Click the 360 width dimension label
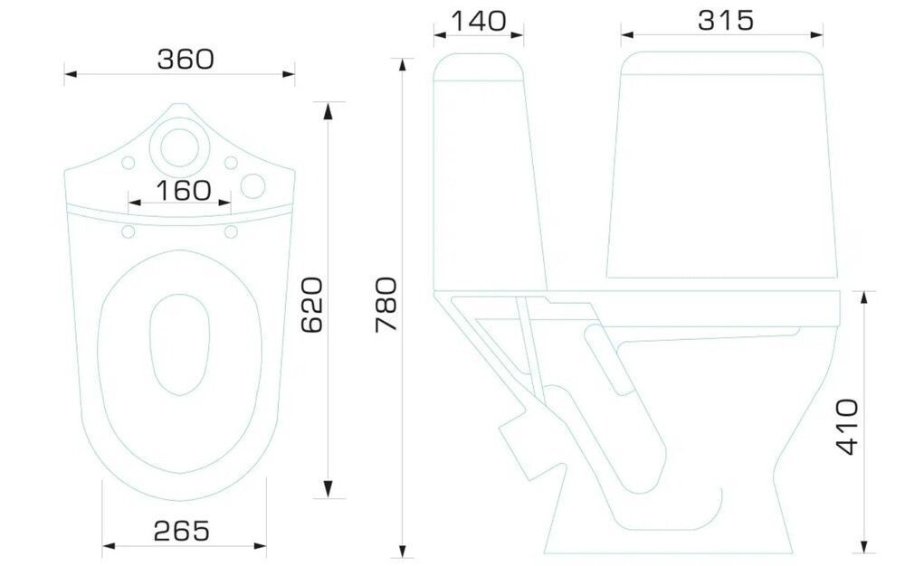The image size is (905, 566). pyautogui.click(x=186, y=59)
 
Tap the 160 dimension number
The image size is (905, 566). pyautogui.click(x=184, y=191)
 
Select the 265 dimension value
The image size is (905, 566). pyautogui.click(x=181, y=531)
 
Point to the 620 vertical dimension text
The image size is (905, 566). pyautogui.click(x=312, y=305)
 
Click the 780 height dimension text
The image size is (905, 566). pyautogui.click(x=386, y=305)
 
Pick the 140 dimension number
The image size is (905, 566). pyautogui.click(x=478, y=21)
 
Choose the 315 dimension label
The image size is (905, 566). pyautogui.click(x=726, y=20)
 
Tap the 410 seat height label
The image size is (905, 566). pyautogui.click(x=847, y=427)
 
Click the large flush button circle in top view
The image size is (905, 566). pyautogui.click(x=179, y=147)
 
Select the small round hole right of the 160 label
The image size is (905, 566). pyautogui.click(x=252, y=186)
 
